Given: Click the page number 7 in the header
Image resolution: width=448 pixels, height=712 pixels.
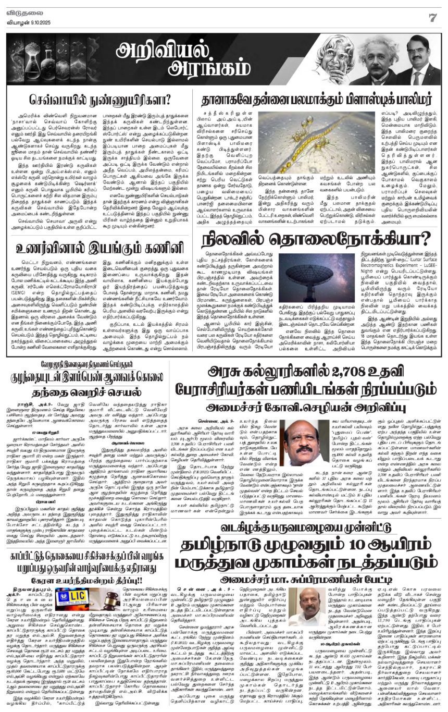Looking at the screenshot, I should [432, 17].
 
